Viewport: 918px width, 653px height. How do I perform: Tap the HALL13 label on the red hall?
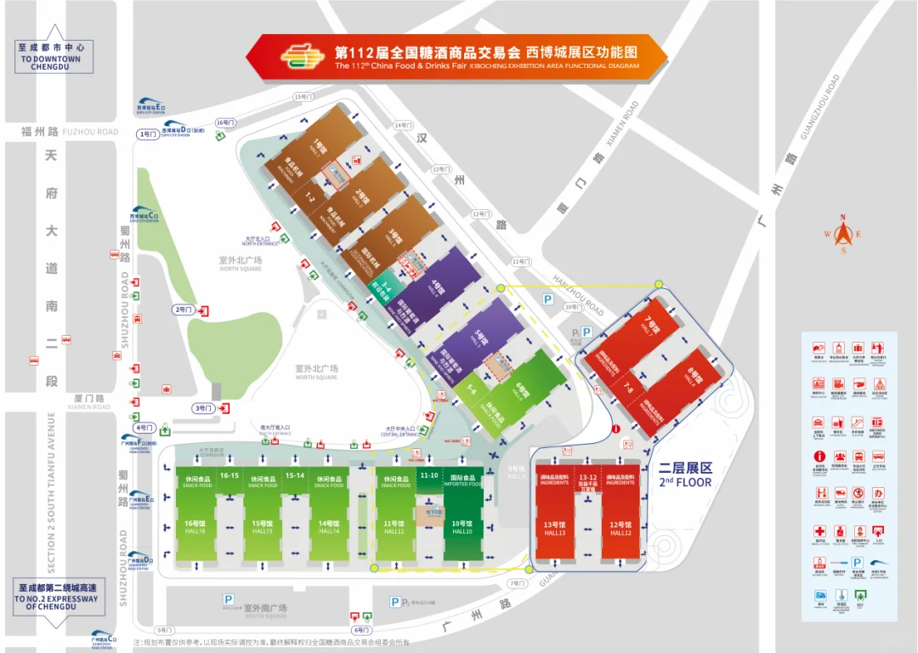coord(555,533)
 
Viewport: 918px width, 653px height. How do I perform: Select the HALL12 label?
coord(620,533)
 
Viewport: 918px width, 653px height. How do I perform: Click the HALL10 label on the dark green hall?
coord(462,531)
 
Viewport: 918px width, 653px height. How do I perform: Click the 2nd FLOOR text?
coord(685,482)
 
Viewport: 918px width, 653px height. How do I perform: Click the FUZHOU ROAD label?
coord(91,132)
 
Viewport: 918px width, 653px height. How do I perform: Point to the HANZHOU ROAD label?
coord(578,295)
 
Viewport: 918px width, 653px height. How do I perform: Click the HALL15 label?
coord(262,531)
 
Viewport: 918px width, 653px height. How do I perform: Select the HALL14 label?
coord(329,531)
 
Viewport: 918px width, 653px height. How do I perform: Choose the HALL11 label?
coord(395,531)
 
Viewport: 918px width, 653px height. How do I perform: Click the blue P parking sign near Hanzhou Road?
coord(548,299)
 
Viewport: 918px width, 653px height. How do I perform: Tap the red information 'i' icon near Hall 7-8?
coord(615,429)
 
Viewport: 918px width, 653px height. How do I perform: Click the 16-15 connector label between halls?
coord(229,475)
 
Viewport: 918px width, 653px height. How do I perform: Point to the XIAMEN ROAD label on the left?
coord(89,406)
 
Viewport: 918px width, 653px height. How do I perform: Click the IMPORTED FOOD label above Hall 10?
coord(462,485)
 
